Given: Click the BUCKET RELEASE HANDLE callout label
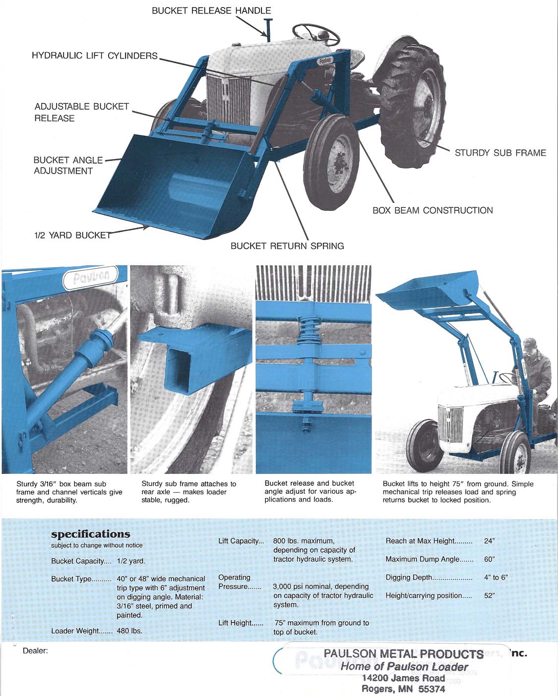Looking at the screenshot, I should click(x=211, y=10).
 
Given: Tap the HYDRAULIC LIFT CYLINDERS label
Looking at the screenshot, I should click(x=94, y=56).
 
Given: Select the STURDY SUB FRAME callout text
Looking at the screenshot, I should click(x=500, y=153).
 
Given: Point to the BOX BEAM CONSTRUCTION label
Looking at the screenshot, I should click(x=433, y=210).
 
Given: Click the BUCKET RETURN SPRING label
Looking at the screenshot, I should click(x=287, y=246).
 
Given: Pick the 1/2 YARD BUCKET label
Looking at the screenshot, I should click(x=72, y=235).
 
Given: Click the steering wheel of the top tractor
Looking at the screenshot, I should click(x=315, y=34).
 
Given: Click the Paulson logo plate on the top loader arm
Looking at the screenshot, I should click(x=325, y=60).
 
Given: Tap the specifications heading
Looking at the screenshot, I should click(x=91, y=534).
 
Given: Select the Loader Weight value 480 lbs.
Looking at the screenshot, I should click(x=129, y=631).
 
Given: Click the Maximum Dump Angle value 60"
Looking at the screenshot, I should click(x=489, y=559).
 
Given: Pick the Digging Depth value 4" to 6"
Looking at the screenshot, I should click(x=496, y=578).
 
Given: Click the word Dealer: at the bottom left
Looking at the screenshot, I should click(x=35, y=650).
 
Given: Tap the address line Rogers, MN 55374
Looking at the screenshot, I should click(x=403, y=689).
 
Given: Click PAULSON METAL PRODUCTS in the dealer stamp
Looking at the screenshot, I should click(x=403, y=654).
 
